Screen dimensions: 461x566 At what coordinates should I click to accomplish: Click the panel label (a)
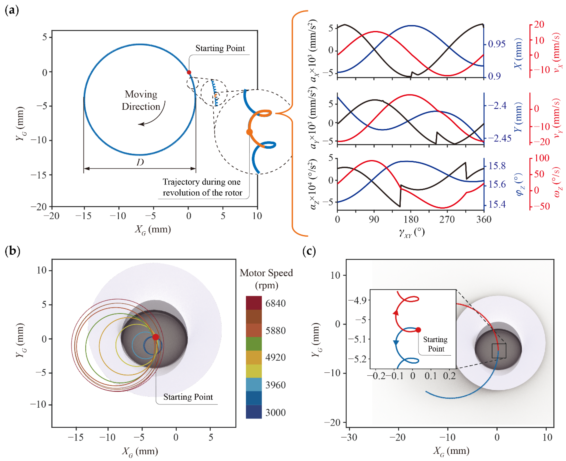12,11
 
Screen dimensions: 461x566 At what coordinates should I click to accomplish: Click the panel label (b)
12,251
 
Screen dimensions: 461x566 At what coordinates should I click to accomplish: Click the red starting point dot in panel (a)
189,72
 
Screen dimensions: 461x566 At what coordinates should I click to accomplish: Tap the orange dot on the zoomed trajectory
249,132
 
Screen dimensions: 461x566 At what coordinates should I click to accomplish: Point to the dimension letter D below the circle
140,162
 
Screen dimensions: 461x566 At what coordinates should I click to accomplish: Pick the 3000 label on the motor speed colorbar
275,412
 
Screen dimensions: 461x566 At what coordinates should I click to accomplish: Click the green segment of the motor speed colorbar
254,344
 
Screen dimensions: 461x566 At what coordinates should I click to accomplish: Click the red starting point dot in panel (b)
156,337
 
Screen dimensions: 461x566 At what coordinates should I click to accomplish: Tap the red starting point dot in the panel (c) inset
418,330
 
